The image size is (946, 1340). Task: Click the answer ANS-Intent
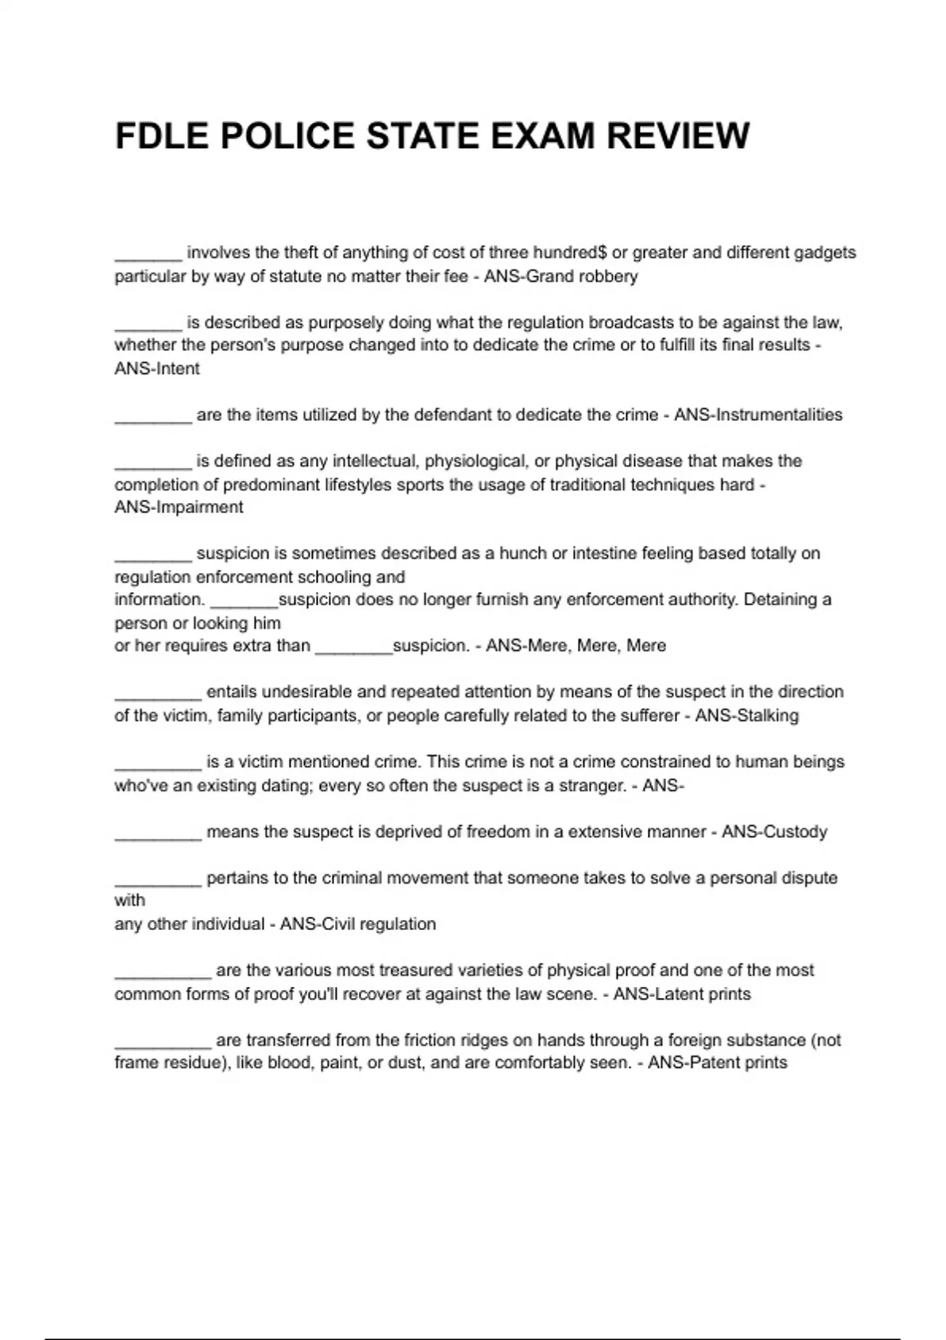point(157,369)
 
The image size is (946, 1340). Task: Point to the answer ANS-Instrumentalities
point(758,415)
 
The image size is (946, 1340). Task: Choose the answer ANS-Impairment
point(179,508)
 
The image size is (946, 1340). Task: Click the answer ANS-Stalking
point(747,716)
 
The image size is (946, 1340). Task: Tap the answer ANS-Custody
point(774,832)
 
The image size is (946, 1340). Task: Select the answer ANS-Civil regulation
point(358,925)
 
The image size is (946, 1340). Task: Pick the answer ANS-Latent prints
point(682,994)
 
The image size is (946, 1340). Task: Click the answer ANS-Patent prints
point(717,1063)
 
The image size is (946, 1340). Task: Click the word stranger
point(591,786)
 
